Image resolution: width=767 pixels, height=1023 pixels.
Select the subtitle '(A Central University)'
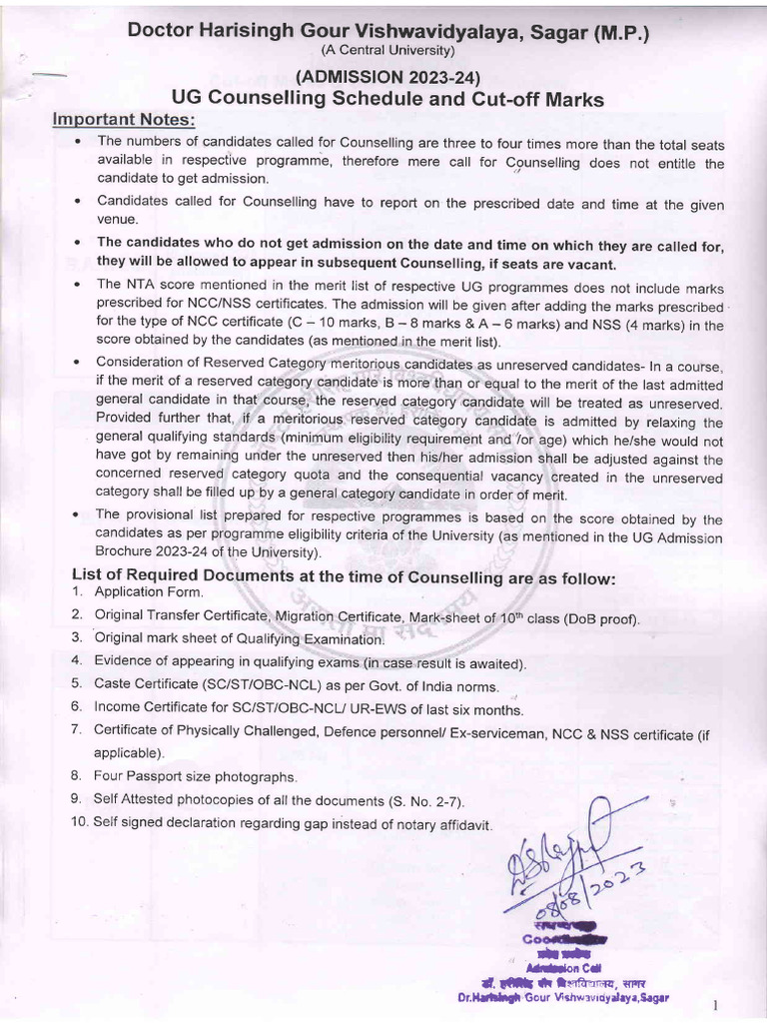pos(387,51)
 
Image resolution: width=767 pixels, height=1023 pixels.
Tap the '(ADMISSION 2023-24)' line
pos(387,77)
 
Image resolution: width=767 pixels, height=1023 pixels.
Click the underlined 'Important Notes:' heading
pos(125,120)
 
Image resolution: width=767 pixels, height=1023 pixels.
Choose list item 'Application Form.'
pos(149,591)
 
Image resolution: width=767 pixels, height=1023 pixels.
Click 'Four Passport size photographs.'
pos(196,775)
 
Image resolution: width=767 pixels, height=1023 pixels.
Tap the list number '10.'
pos(79,821)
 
